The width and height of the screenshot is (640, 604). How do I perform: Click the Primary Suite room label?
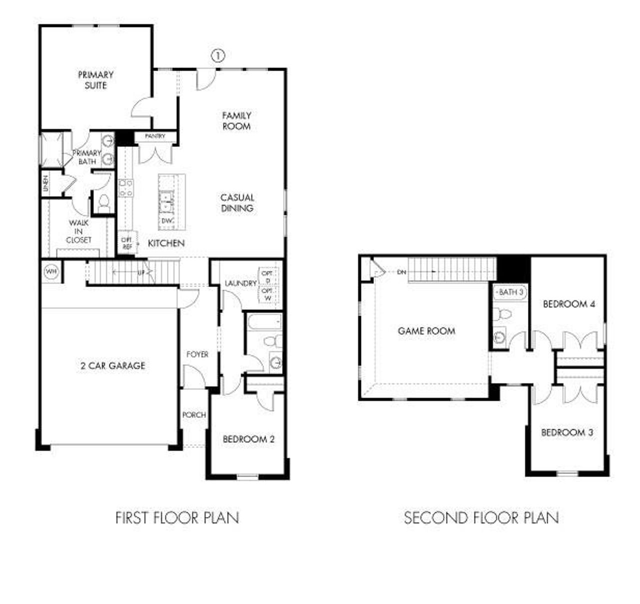[95, 80]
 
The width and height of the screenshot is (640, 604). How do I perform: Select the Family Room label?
[236, 121]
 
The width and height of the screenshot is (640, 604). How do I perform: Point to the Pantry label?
[155, 136]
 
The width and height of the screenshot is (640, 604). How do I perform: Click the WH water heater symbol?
[50, 272]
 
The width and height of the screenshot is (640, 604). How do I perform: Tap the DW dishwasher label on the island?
[166, 220]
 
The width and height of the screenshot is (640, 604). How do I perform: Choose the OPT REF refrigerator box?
[126, 244]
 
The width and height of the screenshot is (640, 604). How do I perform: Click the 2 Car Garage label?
[112, 366]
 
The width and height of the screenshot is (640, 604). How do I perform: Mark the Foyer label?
[197, 354]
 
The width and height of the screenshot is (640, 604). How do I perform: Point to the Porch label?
[193, 415]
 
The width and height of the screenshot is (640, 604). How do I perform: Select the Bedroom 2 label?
[248, 439]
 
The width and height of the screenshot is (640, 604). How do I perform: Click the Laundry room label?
[240, 283]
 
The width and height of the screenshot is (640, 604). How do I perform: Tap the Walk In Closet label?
[79, 231]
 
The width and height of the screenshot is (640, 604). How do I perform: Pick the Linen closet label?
[46, 184]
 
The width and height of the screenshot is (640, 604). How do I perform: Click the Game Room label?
[426, 331]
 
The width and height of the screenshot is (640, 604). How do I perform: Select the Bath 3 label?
[510, 292]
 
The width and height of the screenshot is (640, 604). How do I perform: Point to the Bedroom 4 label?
[569, 304]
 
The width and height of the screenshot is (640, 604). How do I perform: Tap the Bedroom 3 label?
[567, 432]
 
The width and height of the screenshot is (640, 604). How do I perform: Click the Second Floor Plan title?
[481, 517]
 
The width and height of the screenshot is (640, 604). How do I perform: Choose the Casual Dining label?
[237, 203]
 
